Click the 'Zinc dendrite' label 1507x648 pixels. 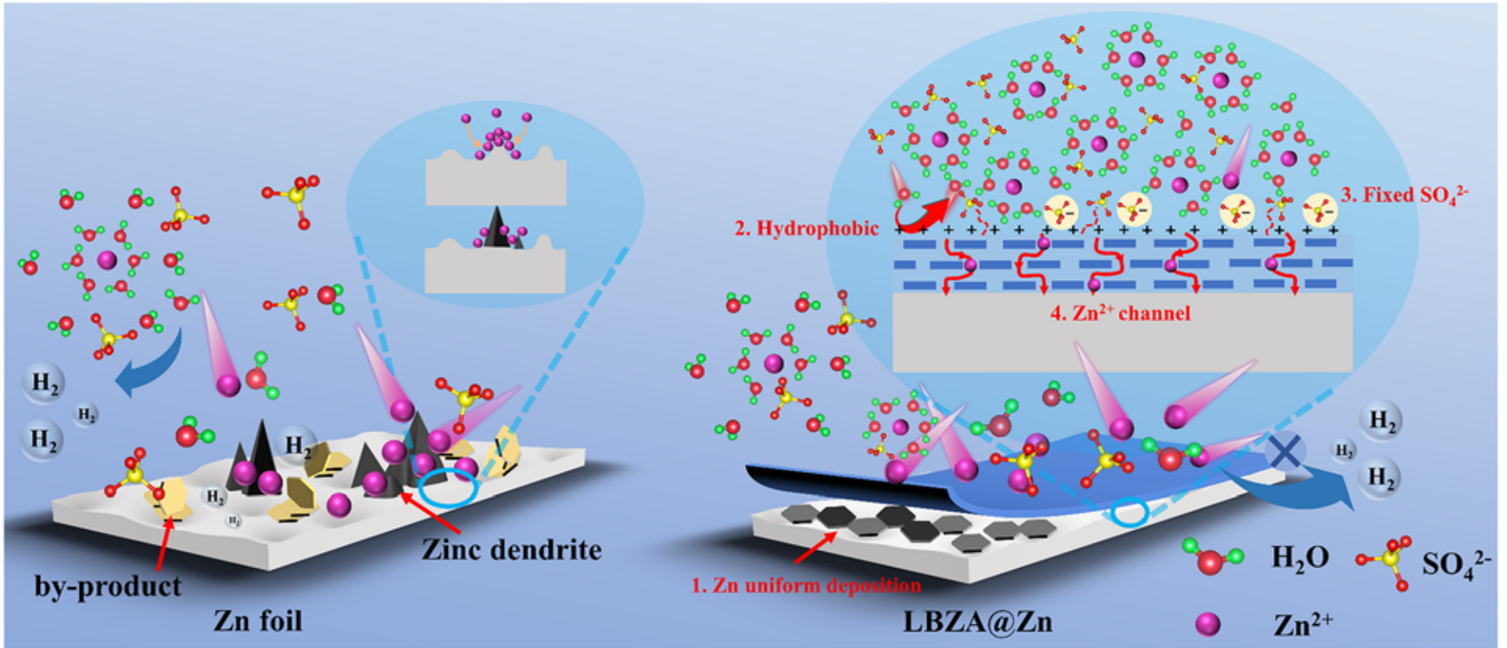(511, 550)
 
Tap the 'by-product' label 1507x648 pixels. (107, 586)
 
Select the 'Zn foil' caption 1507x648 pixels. (258, 621)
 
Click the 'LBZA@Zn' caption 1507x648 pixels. (977, 622)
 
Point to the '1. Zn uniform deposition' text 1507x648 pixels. (806, 585)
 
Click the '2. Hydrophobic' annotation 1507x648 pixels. (806, 229)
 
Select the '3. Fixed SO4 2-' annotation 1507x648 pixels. (1404, 195)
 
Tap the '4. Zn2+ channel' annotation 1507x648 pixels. (1120, 313)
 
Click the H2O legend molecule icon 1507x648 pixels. (1211, 559)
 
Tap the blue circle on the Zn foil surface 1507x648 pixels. (447, 488)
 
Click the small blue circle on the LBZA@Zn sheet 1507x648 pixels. (1130, 512)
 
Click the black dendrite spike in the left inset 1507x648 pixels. (496, 227)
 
